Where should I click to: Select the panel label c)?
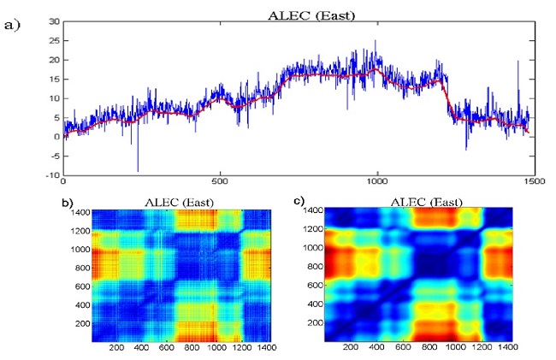pos(299,203)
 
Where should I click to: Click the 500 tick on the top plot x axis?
pos(221,181)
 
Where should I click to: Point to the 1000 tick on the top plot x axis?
pos(377,181)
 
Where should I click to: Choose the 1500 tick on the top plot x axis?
pos(533,181)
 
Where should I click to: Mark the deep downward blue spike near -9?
pos(138,169)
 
